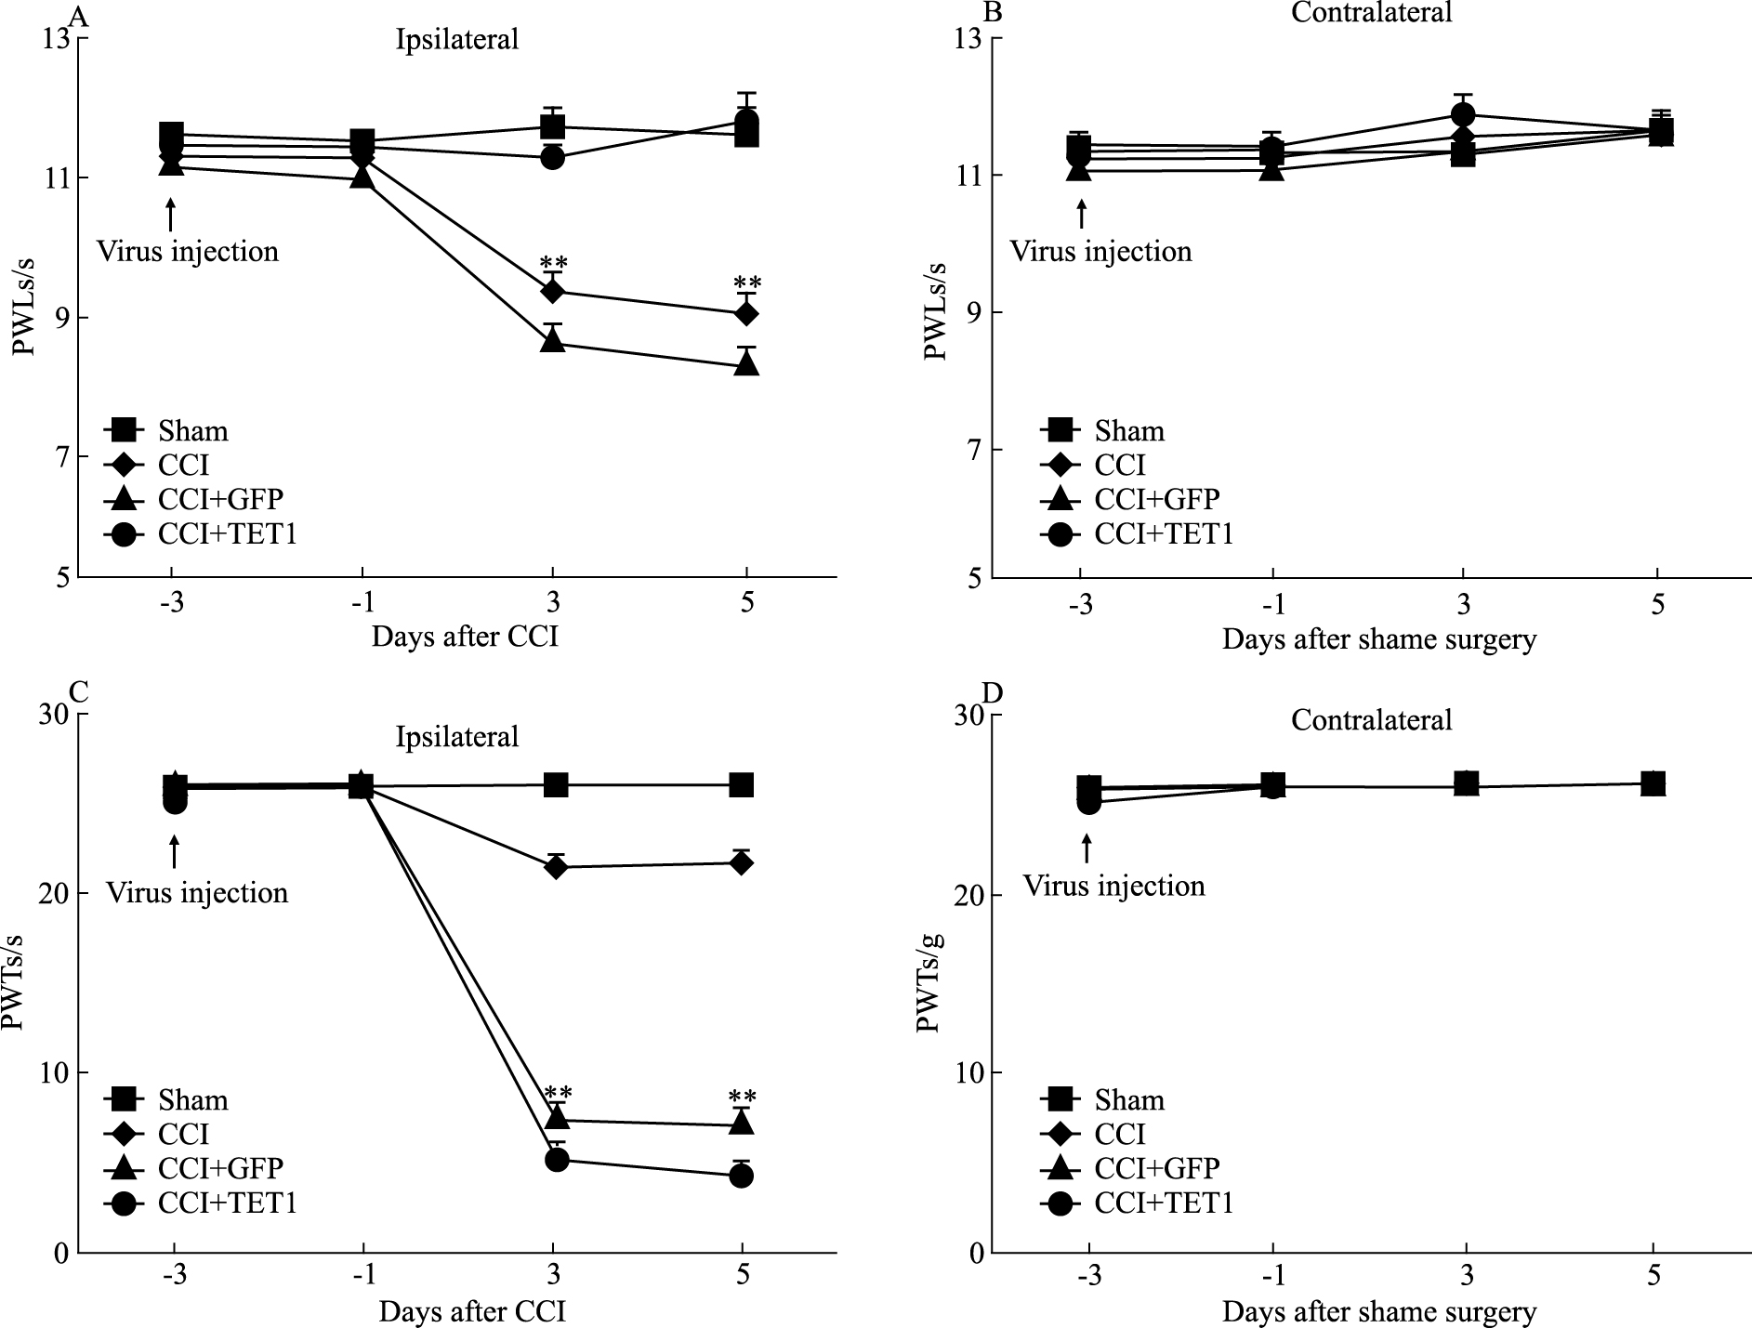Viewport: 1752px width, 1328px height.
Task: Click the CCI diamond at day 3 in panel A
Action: (553, 292)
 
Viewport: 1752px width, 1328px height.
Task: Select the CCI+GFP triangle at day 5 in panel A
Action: (746, 364)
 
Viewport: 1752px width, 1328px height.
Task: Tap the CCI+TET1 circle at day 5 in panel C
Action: (742, 1176)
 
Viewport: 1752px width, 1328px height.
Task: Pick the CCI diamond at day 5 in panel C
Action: (742, 863)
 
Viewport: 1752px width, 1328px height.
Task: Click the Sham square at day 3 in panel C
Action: (556, 785)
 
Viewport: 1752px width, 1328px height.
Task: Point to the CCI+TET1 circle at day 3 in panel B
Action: (1463, 115)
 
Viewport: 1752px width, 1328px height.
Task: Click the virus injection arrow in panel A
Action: (170, 213)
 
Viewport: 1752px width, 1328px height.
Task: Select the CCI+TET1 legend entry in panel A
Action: (200, 534)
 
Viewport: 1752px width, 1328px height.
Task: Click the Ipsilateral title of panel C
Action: (457, 737)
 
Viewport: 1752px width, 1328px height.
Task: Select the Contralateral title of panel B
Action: (1372, 12)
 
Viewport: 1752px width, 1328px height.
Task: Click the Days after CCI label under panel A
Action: (465, 637)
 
